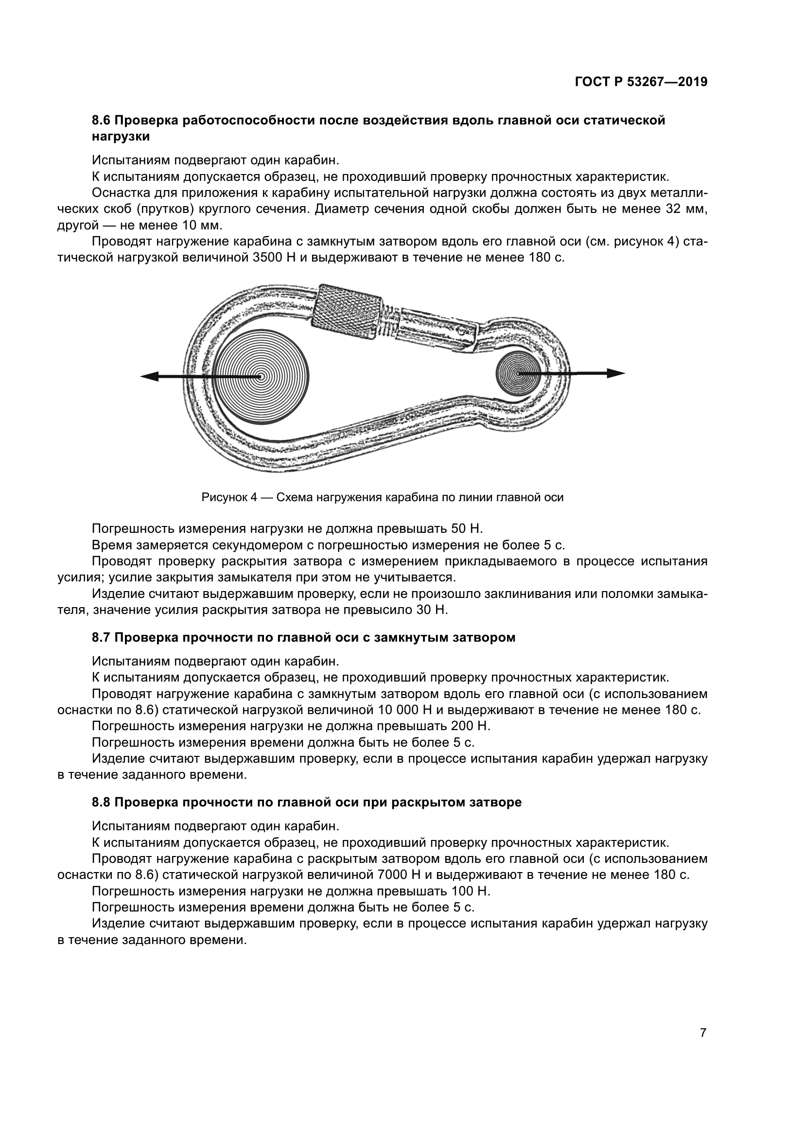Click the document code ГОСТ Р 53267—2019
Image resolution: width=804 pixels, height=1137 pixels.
pyautogui.click(x=641, y=82)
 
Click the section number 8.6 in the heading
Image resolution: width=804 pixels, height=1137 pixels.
pyautogui.click(x=102, y=121)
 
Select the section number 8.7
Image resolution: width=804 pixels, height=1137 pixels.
pyautogui.click(x=102, y=637)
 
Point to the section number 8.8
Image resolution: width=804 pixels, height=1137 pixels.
pyautogui.click(x=102, y=802)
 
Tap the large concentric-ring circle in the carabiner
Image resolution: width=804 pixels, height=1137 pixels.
pyautogui.click(x=261, y=377)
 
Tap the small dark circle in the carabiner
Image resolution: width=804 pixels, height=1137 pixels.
pyautogui.click(x=518, y=373)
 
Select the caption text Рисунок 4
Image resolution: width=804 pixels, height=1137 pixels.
pyautogui.click(x=229, y=497)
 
